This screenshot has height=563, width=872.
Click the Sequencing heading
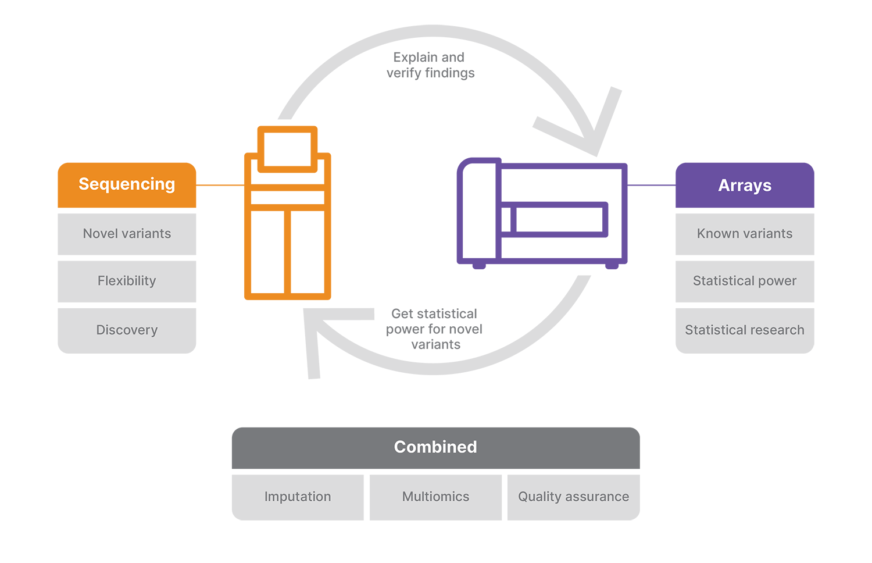pyautogui.click(x=127, y=184)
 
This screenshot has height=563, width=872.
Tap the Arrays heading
pyautogui.click(x=745, y=186)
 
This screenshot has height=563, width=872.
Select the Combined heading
pyautogui.click(x=435, y=447)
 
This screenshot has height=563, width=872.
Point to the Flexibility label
pyautogui.click(x=127, y=281)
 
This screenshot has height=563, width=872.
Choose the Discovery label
pyautogui.click(x=127, y=330)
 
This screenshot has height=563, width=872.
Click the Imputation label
pyautogui.click(x=298, y=497)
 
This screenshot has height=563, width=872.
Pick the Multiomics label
pyautogui.click(x=435, y=497)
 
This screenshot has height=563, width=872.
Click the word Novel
pyautogui.click(x=100, y=233)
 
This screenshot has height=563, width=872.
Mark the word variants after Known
pyautogui.click(x=767, y=233)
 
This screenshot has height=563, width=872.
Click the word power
pyautogui.click(x=777, y=281)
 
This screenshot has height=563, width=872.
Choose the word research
pyautogui.click(x=777, y=330)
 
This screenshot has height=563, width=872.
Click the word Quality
pyautogui.click(x=539, y=497)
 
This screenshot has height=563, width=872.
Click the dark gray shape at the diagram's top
pyautogui.click(x=431, y=93)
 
